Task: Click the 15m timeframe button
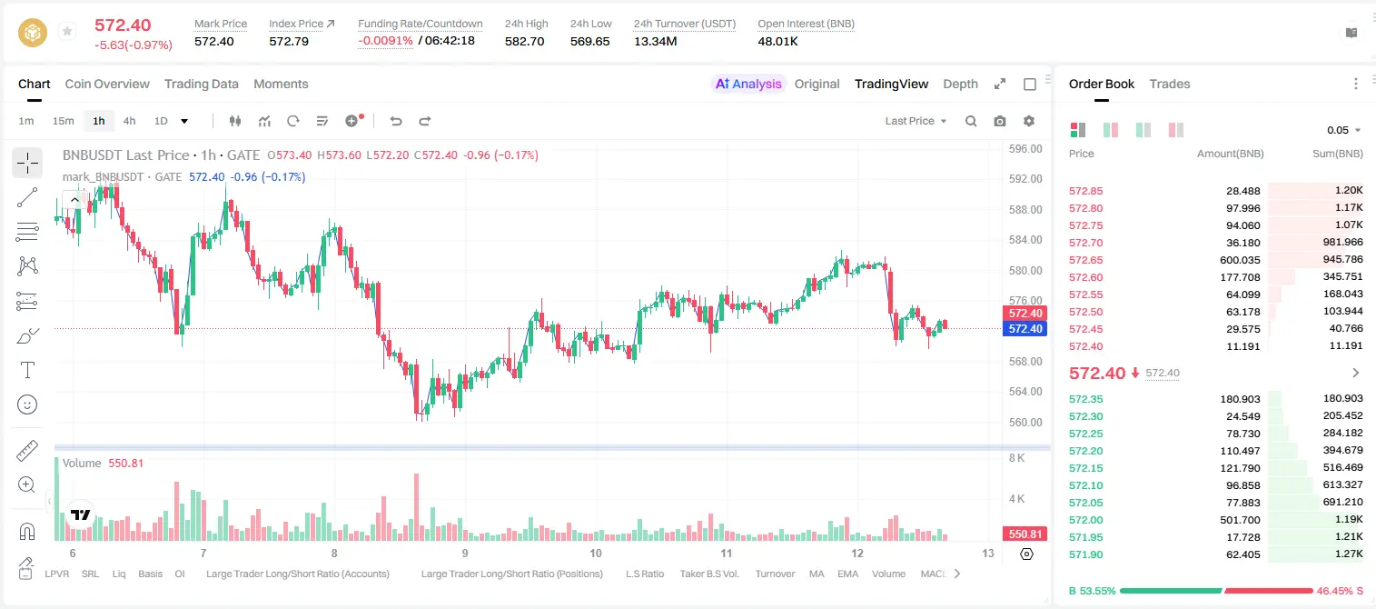click(x=64, y=121)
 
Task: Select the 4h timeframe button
click(x=129, y=121)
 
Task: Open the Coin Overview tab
click(x=107, y=84)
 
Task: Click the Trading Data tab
click(x=202, y=84)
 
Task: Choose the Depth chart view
click(x=960, y=85)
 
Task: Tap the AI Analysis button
click(x=748, y=84)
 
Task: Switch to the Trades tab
click(x=1170, y=84)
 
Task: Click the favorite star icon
click(x=67, y=31)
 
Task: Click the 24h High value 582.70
click(x=525, y=41)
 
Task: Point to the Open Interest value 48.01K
click(x=777, y=41)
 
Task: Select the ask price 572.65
click(x=1086, y=260)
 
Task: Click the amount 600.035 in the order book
click(x=1240, y=260)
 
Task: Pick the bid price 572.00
click(x=1086, y=520)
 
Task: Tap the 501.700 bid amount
click(x=1240, y=520)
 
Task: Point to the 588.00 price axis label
click(x=1025, y=210)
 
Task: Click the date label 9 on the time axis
click(x=465, y=553)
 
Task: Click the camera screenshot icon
click(x=1000, y=121)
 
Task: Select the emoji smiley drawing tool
click(x=27, y=404)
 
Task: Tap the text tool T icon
click(x=27, y=370)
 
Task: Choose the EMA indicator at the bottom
click(x=847, y=574)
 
